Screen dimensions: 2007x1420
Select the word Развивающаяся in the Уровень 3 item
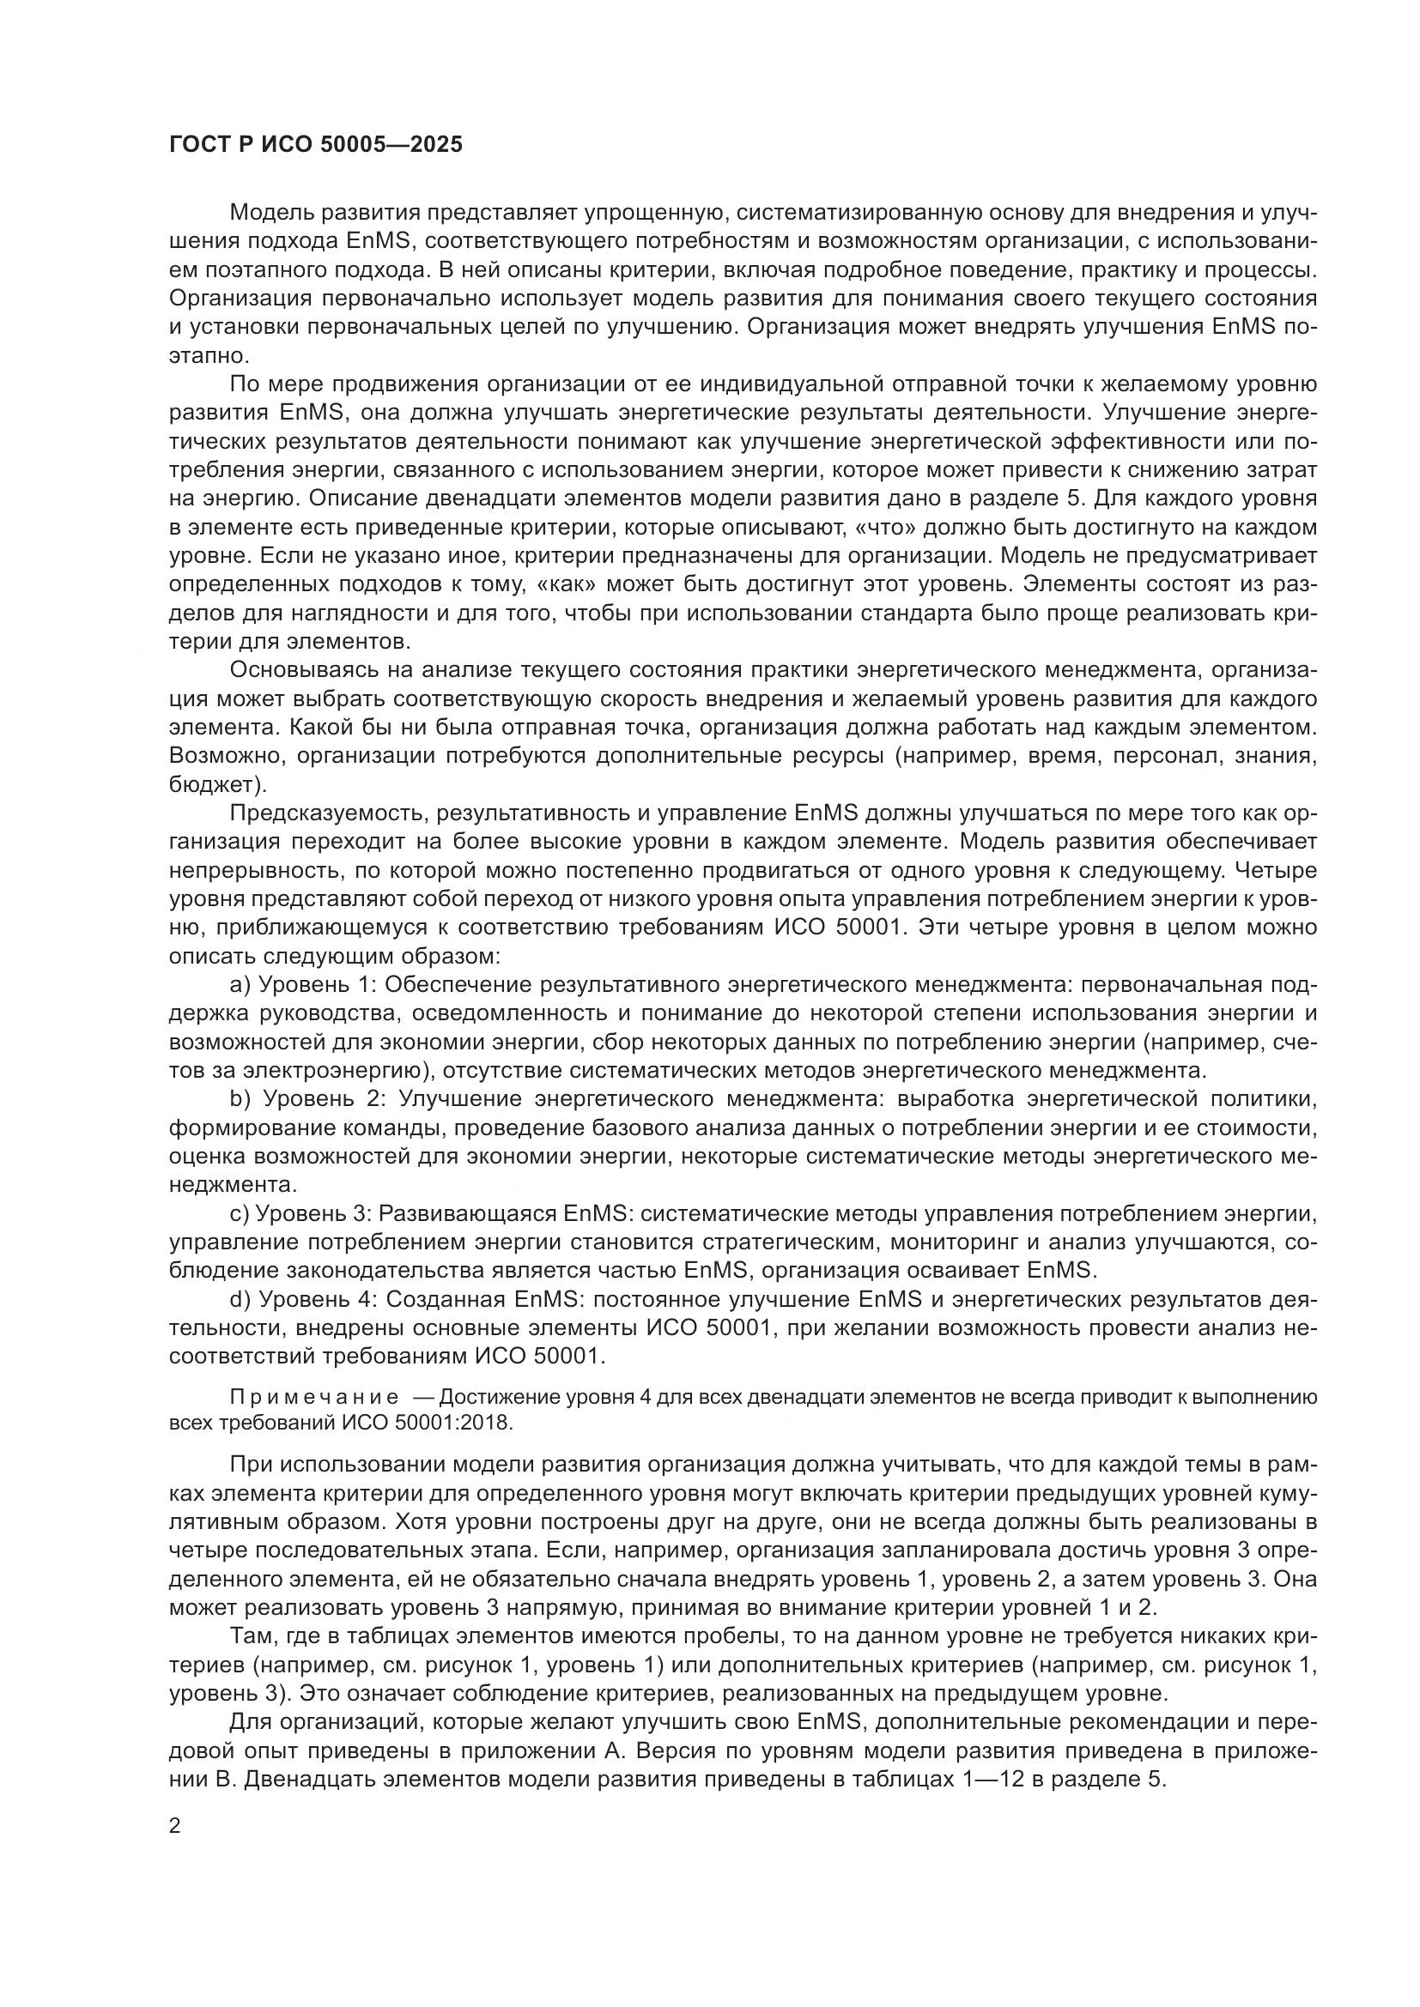click(468, 1213)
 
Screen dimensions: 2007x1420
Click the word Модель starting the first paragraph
click(272, 213)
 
